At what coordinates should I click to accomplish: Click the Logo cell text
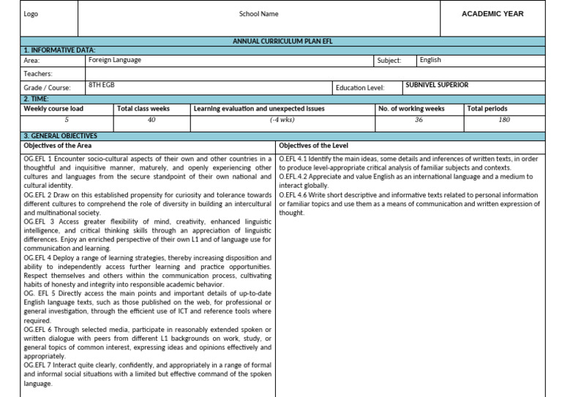coord(31,14)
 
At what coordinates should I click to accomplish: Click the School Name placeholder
coord(258,14)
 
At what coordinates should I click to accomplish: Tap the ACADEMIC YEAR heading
coord(492,14)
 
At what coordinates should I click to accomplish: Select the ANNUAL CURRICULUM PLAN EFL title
coord(282,42)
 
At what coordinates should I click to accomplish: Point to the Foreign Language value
coord(115,60)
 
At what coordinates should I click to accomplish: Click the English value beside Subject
coord(430,60)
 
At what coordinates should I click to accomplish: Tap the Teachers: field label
coord(38,74)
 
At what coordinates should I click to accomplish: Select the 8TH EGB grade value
coord(102,85)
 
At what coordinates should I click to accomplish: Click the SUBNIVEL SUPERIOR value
coord(437,85)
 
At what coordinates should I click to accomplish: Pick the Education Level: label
coord(359,88)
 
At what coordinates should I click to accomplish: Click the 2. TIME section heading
coord(37,98)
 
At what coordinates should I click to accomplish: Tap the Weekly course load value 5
coord(67,119)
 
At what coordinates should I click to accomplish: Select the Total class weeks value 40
coord(151,119)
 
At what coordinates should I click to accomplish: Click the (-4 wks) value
coord(282,119)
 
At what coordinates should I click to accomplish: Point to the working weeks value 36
coord(419,119)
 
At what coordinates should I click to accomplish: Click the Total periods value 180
coord(504,119)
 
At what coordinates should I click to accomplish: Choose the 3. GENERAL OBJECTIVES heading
coord(60,136)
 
